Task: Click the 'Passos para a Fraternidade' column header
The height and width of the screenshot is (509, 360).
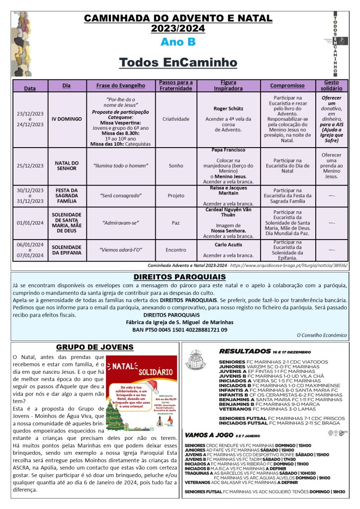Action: point(176,85)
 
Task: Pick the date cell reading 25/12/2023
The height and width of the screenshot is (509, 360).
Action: point(30,166)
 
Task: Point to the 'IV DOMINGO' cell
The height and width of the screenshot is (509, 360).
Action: point(66,119)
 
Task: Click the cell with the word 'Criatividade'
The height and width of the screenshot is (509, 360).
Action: point(176,119)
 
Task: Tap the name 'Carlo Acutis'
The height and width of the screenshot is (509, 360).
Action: point(228,245)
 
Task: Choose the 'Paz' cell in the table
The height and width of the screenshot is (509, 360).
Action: point(176,223)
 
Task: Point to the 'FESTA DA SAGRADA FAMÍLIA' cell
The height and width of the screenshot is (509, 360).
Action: point(66,195)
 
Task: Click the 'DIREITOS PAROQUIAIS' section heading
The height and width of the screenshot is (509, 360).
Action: point(180,277)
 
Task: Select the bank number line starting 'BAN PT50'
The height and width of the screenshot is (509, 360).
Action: point(180,330)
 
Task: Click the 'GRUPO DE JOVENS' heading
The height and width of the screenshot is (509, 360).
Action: point(94,347)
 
